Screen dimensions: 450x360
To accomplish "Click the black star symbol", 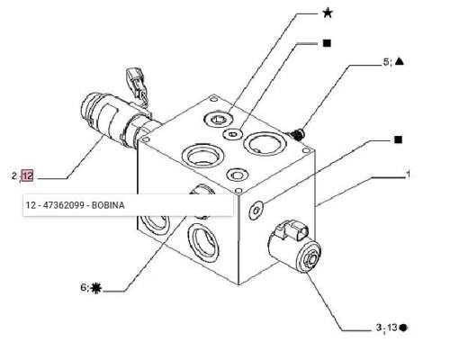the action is click(328, 13).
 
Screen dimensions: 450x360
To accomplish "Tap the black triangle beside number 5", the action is click(400, 61).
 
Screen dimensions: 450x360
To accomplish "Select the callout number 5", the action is click(386, 62).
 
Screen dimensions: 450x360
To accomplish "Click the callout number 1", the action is click(408, 174).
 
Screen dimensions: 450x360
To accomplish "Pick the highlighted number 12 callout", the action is click(27, 175).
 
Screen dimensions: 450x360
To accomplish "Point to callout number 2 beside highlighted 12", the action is click(14, 175).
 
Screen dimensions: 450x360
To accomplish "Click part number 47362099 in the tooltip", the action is click(64, 205).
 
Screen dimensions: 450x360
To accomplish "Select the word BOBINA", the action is click(108, 205).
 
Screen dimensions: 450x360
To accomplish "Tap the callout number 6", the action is click(84, 288).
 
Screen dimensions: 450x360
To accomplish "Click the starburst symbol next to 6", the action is click(96, 288).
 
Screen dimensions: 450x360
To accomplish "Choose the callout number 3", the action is click(379, 328).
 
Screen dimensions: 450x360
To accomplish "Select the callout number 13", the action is click(392, 328).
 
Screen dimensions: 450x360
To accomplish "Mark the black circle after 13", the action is click(403, 328).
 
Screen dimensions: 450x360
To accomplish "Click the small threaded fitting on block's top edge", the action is click(297, 134).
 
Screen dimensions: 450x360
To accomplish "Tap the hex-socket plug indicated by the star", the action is click(218, 120).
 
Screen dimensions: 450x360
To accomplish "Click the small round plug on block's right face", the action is click(256, 211).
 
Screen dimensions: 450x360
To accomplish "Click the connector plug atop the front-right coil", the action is click(291, 230).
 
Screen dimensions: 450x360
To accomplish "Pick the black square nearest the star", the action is click(327, 43).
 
